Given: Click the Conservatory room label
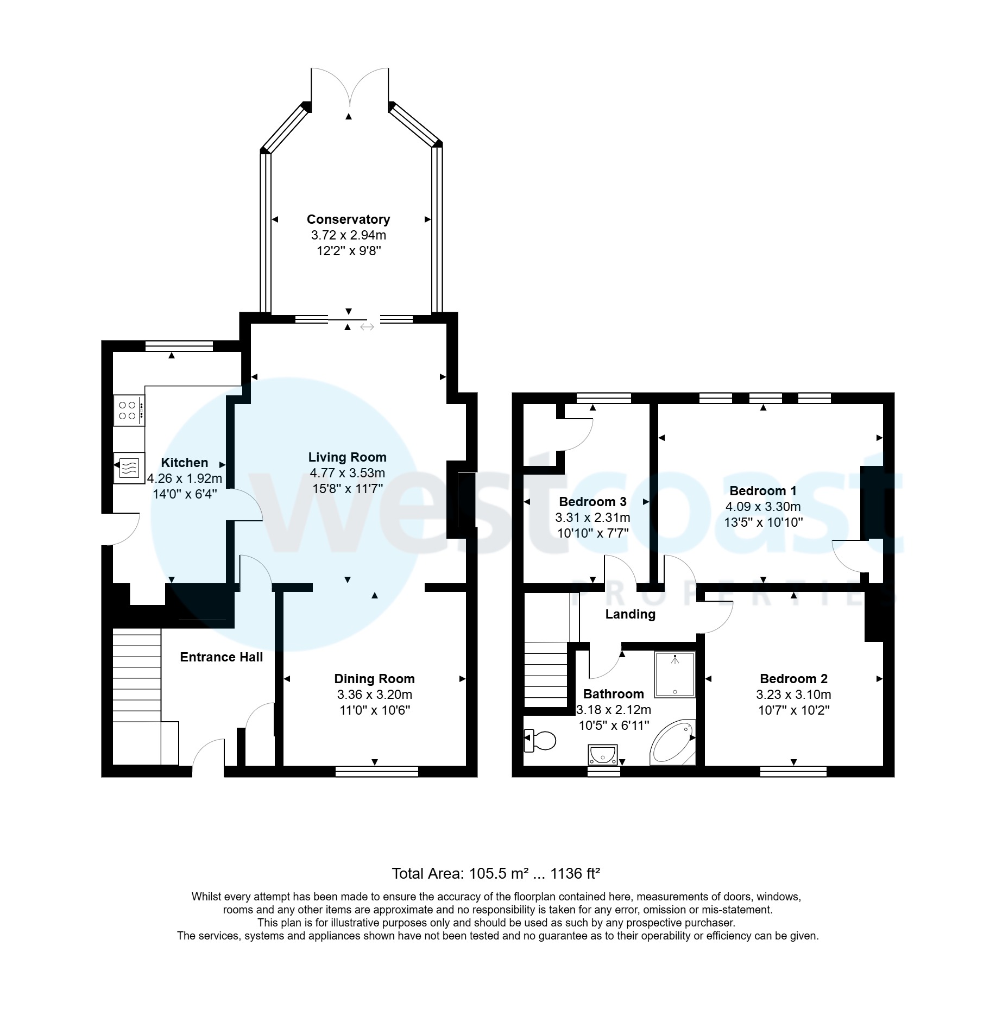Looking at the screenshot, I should (x=348, y=219).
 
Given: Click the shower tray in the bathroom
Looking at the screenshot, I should (x=675, y=674).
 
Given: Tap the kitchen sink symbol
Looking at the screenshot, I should (x=129, y=467).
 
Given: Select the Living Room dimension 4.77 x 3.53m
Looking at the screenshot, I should (x=348, y=473).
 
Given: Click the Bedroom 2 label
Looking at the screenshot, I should (x=793, y=678).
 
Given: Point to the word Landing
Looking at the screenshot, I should (x=630, y=614).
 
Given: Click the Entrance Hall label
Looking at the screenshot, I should (x=221, y=657).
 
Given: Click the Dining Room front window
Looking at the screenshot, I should (x=377, y=771).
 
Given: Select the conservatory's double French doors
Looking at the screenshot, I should (x=350, y=87).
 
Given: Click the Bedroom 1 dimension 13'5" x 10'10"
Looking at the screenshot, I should (x=763, y=522).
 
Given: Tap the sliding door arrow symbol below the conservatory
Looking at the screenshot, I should (x=367, y=327).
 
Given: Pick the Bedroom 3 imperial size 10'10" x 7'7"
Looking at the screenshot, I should (x=592, y=533).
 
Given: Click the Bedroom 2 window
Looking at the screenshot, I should (x=793, y=771).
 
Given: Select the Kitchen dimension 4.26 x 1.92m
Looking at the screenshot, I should (x=185, y=478).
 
